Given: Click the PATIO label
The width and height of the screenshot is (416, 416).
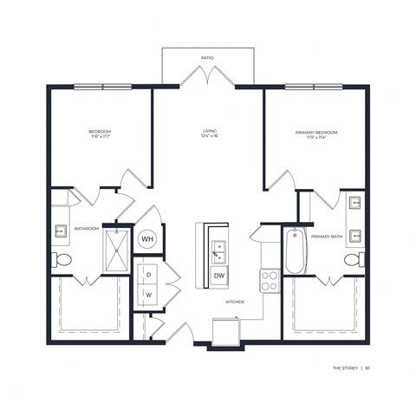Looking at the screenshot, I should pos(207,58).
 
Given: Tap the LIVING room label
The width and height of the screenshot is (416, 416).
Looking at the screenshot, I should pos(207,130).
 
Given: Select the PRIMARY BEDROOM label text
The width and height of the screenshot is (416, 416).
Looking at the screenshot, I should pos(316,132).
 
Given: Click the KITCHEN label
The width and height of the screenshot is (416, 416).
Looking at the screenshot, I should pos(234,302).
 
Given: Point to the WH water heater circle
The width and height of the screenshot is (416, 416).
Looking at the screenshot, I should pos(147,238).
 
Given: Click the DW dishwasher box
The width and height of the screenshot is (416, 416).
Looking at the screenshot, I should pos(218,276).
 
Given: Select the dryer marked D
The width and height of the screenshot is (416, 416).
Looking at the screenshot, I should pos(148,274).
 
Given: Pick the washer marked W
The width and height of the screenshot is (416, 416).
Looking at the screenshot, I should pos(148,295).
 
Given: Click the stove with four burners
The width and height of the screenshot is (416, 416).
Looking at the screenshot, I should pos(270,280).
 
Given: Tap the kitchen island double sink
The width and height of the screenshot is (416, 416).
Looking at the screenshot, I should pos(219,248).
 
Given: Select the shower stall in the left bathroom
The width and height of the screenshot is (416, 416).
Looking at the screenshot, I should pos(115,249).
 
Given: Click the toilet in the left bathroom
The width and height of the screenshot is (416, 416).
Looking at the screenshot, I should pos(62,260).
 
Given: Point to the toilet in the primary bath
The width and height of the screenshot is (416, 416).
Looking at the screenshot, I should pos(353,259).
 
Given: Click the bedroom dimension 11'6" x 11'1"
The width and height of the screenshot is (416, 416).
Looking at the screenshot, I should pos(100,137).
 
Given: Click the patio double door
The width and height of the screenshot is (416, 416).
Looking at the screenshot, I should pos(207,79).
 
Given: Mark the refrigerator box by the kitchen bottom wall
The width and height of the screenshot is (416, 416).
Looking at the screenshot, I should pos(228,332).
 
